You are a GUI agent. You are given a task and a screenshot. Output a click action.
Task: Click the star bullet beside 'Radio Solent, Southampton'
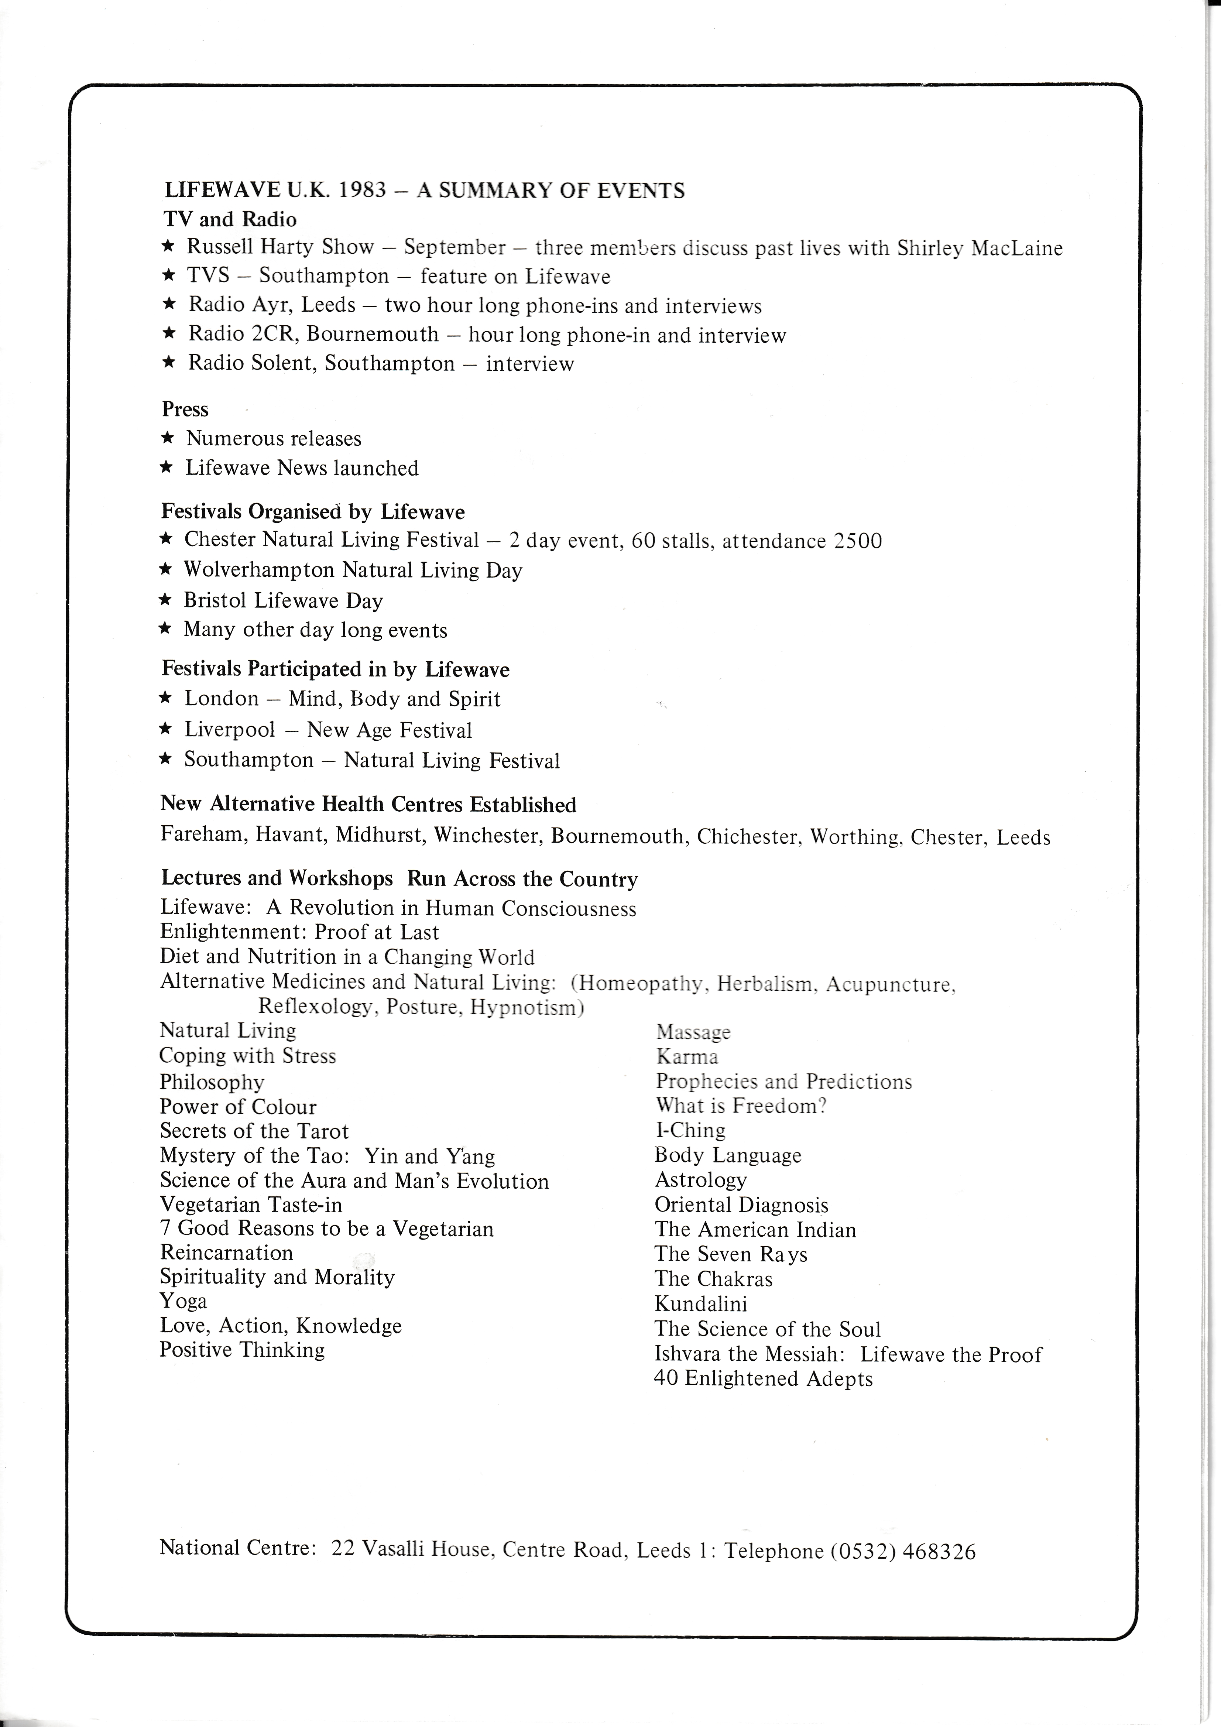point(169,363)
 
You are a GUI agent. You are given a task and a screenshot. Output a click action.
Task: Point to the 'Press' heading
point(185,409)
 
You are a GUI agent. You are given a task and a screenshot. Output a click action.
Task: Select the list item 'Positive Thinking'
point(242,1350)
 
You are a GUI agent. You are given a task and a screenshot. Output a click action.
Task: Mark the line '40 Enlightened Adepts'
point(764,1379)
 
